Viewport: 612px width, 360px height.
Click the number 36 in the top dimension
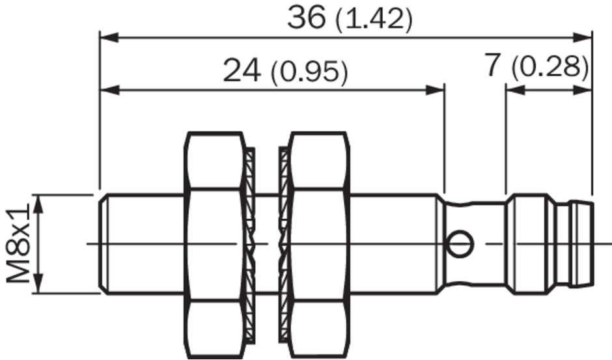307,18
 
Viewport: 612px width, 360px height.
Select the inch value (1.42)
374,20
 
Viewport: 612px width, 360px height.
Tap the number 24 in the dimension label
242,72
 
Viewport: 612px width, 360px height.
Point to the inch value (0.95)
309,73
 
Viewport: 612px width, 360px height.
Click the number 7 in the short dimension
493,64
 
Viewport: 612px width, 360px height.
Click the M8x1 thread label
18,243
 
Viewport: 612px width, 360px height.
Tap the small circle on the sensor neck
460,244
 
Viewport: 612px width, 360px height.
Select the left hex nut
214,245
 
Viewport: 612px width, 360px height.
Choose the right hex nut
319,245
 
